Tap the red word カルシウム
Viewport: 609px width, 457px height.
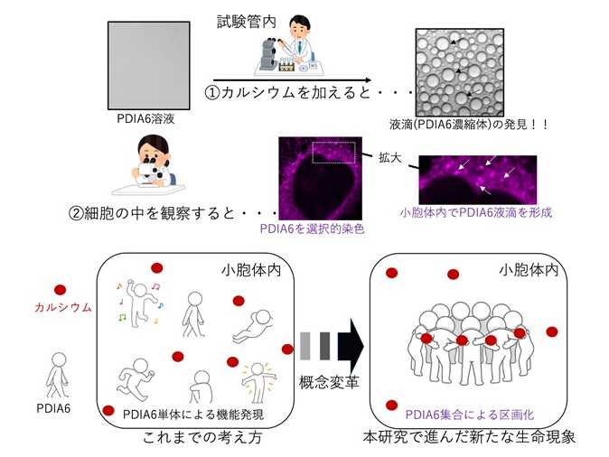(62, 307)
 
